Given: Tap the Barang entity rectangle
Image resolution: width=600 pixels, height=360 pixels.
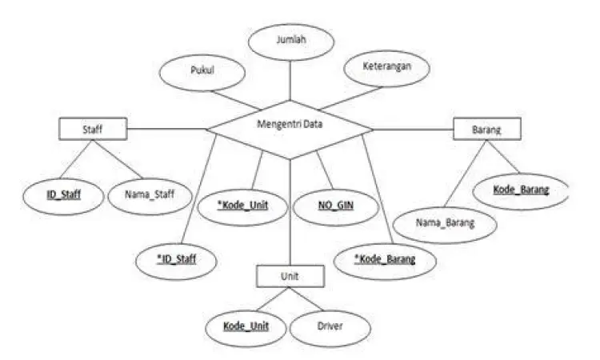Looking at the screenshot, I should coord(486,127).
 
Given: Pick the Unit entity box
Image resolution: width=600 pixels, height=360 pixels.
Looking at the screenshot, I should coord(290,276).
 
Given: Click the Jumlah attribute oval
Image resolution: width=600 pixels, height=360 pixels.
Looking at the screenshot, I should coord(290,38).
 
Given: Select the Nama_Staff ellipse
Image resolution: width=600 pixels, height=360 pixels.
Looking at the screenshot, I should coord(146,194).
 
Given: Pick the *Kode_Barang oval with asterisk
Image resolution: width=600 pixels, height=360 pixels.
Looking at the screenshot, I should coord(386,261).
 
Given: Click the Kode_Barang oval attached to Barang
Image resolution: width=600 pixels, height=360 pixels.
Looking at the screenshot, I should coord(520,190).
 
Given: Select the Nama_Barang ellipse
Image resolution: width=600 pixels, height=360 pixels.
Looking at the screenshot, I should coord(446,223).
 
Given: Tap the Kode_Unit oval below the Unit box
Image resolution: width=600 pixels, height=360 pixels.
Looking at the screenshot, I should coord(245,326).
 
